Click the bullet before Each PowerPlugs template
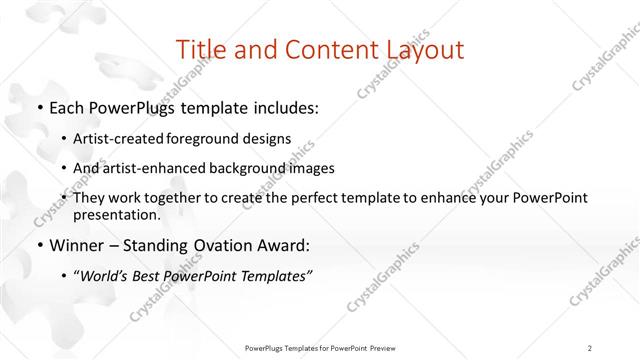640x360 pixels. (x=38, y=107)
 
